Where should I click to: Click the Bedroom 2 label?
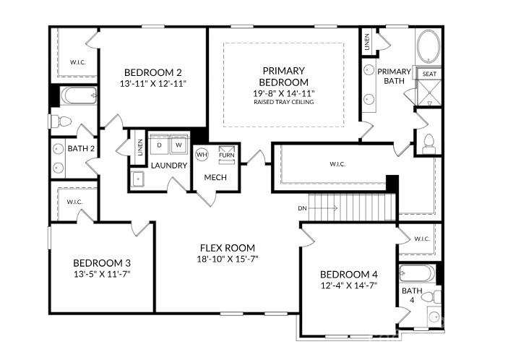(x=153, y=72)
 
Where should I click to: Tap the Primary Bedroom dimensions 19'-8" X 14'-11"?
(x=284, y=94)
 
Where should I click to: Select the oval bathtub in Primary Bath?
(x=429, y=46)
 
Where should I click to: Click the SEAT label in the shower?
(x=429, y=74)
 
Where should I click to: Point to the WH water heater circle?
(x=202, y=155)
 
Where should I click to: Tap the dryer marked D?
(x=159, y=145)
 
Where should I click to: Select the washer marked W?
(x=178, y=145)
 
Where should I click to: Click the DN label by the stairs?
(x=302, y=208)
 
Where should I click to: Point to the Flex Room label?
(x=228, y=248)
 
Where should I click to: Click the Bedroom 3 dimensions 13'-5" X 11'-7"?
(x=102, y=274)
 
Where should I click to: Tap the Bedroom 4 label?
(x=349, y=275)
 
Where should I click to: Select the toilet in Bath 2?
(x=61, y=121)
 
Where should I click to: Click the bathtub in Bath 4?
(x=417, y=273)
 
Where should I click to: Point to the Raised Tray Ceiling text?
(x=284, y=102)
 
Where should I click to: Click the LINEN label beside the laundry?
(x=140, y=147)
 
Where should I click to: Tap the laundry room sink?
(x=138, y=179)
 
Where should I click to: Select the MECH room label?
(x=215, y=177)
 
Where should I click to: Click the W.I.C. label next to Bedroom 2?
(x=78, y=62)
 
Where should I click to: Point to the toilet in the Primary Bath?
(x=429, y=144)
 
